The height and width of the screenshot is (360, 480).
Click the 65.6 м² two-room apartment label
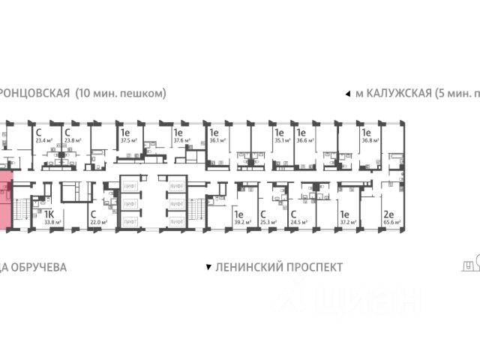pos(390,222)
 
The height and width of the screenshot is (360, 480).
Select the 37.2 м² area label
pos(346,222)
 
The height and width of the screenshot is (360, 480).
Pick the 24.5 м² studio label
pos(299,222)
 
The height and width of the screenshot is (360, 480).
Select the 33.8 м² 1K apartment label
pos(52,222)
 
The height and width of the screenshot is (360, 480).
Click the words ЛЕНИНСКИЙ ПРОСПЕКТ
pos(278,267)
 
